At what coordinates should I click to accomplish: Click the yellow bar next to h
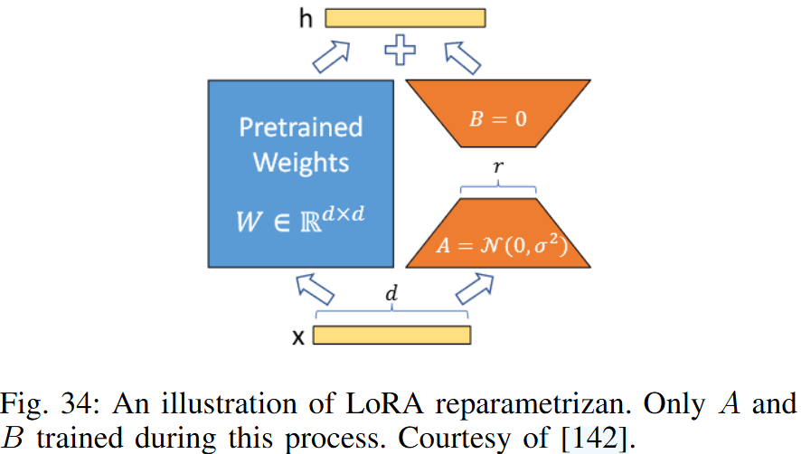[x=405, y=17]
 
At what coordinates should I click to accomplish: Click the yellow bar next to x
[x=391, y=336]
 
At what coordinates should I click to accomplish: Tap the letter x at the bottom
[x=297, y=337]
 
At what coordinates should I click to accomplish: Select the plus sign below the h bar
[x=400, y=51]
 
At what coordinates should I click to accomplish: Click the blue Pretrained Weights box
[x=300, y=172]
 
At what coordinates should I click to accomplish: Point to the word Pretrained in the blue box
[x=300, y=127]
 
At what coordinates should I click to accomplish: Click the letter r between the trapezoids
[x=499, y=168]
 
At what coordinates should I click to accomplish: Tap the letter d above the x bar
[x=392, y=297]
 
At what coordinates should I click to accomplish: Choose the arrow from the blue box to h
[x=332, y=57]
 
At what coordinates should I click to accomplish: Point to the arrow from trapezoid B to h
[x=465, y=57]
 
